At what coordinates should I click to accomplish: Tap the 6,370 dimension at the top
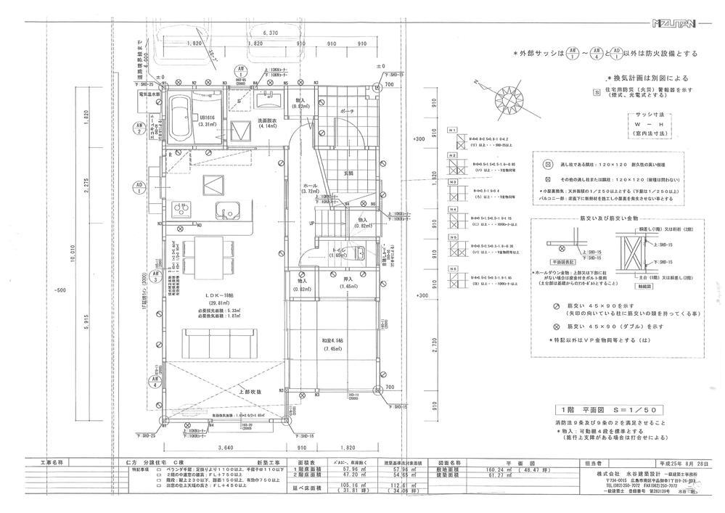pos(269,33)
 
